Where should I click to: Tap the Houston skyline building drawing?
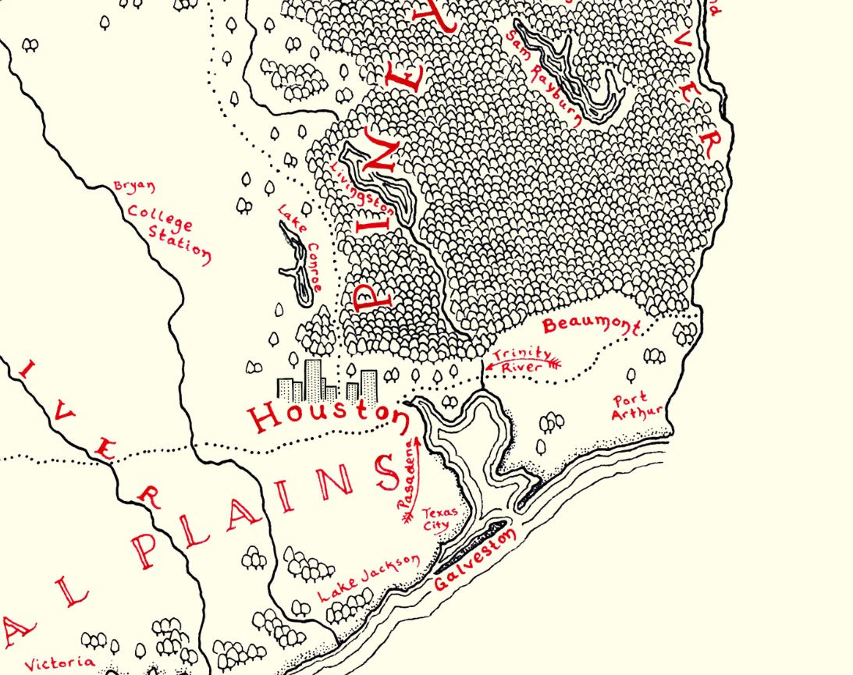point(328,382)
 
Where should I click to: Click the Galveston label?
point(476,560)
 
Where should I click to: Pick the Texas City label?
point(435,520)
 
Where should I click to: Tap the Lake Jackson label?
point(369,578)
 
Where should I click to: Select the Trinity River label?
point(521,359)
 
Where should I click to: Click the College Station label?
point(169,233)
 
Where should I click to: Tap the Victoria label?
point(60,664)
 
